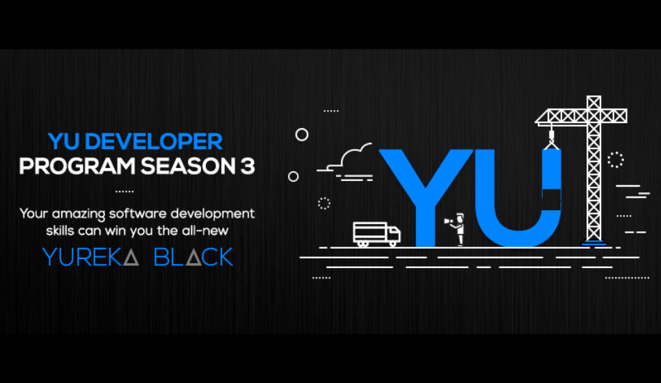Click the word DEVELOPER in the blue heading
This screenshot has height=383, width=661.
[x=154, y=141]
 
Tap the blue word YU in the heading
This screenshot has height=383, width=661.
[x=63, y=141]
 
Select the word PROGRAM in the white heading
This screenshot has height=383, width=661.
[x=77, y=166]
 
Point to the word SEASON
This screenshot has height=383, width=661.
[x=188, y=166]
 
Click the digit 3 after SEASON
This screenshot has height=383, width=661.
[x=248, y=166]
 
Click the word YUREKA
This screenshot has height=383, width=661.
[x=90, y=257]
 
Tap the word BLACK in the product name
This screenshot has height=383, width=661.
[x=193, y=257]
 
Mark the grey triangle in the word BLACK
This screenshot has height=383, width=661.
[x=193, y=258]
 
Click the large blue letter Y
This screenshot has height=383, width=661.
[x=425, y=197]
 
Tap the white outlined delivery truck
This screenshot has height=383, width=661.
[x=376, y=234]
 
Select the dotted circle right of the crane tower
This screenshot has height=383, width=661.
[x=616, y=160]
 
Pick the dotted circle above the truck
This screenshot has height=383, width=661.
[x=324, y=203]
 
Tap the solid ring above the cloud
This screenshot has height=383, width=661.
[x=301, y=134]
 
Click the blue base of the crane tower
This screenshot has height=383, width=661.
[x=594, y=242]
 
